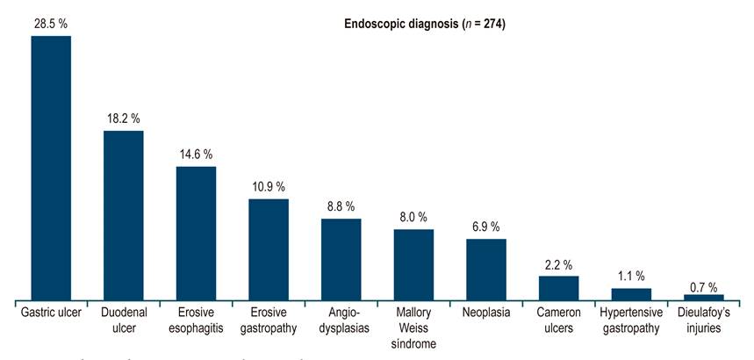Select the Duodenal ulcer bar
tap(124, 215)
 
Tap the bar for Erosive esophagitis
tap(196, 233)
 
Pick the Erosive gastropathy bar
tap(269, 249)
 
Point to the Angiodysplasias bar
tap(341, 259)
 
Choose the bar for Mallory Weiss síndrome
tap(413, 264)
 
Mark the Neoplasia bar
tap(485, 269)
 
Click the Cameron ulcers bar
tap(558, 288)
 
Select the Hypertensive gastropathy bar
tap(631, 294)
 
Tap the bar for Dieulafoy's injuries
tap(703, 297)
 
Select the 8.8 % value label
tap(341, 206)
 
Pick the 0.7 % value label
tap(703, 287)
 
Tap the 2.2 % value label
tap(558, 264)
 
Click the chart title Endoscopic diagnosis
tap(423, 24)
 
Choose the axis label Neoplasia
tap(485, 313)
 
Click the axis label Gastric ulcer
tap(51, 313)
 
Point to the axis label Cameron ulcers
tap(558, 320)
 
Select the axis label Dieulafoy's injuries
tap(703, 320)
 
